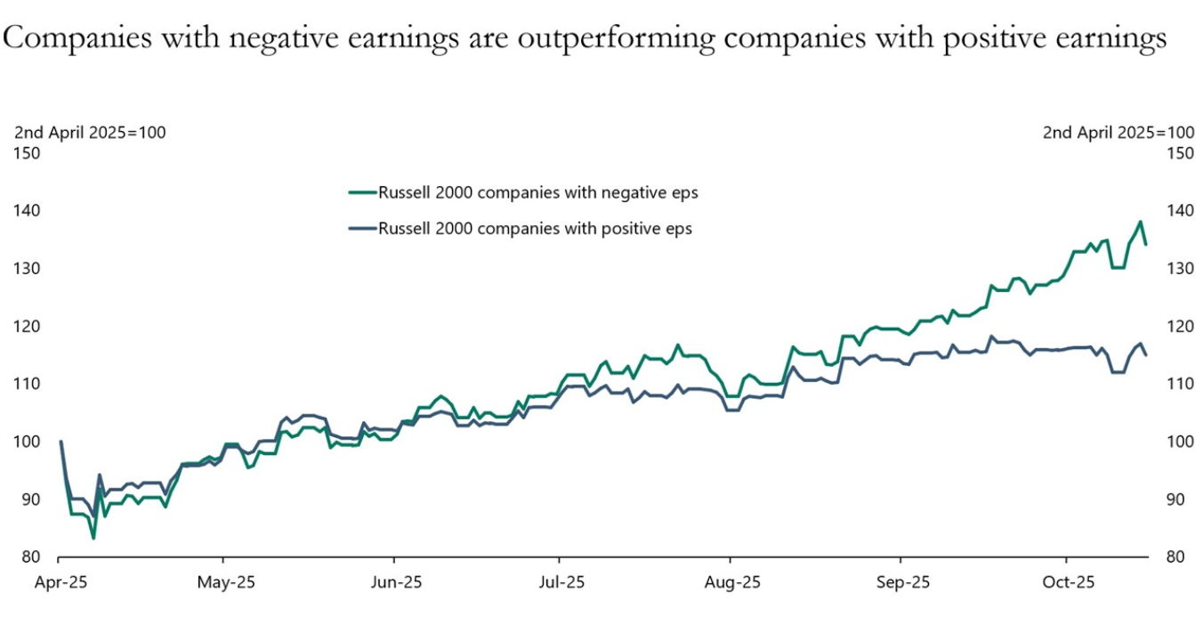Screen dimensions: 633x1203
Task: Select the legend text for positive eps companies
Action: click(x=535, y=228)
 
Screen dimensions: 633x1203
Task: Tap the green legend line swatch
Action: click(x=362, y=192)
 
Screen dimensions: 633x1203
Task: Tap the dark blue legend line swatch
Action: click(x=362, y=228)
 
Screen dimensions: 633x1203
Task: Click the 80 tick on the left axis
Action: click(x=31, y=557)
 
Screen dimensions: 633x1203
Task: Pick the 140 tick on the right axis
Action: click(x=1179, y=211)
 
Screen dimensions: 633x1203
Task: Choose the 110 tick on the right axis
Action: click(x=1179, y=384)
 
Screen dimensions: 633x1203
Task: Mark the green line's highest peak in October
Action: click(x=1140, y=222)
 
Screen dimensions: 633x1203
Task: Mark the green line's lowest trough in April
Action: click(x=93, y=538)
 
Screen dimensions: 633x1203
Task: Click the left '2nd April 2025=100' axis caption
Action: click(x=90, y=133)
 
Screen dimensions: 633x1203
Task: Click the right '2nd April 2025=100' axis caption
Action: click(x=1118, y=133)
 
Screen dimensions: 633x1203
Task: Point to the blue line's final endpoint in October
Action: click(x=1146, y=355)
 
